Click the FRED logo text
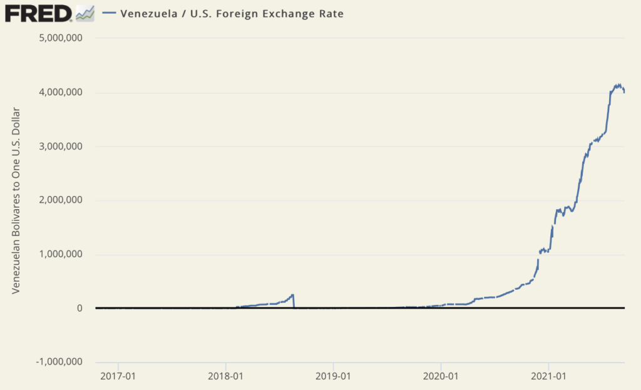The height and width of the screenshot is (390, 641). click(x=38, y=13)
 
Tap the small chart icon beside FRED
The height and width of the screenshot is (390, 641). click(x=85, y=13)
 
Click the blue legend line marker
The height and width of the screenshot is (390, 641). click(x=110, y=13)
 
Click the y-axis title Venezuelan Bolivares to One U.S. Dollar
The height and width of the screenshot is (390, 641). click(x=18, y=200)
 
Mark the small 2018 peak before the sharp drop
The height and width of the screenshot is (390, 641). click(x=293, y=294)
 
